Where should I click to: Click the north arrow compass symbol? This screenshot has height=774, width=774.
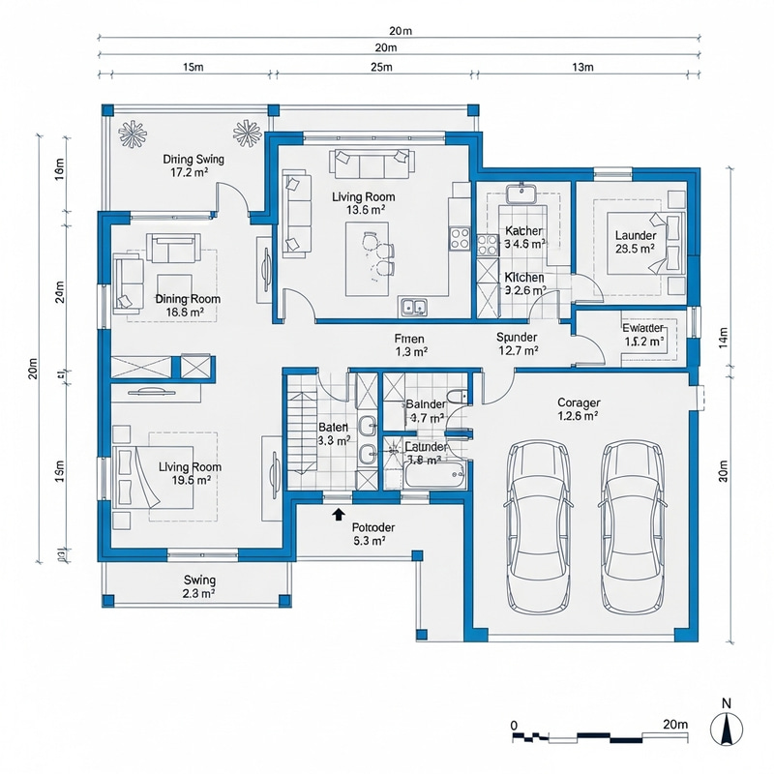click(726, 727)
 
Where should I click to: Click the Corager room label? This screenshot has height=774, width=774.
click(579, 409)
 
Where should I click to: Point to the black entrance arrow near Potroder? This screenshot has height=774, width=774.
click(338, 515)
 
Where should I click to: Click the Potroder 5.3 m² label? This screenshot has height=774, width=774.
click(368, 534)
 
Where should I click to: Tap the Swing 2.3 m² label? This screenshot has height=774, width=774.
click(198, 587)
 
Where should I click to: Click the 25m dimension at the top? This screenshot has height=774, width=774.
click(381, 67)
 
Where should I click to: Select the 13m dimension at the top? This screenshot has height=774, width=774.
click(584, 67)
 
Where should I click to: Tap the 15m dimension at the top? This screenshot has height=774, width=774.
click(192, 67)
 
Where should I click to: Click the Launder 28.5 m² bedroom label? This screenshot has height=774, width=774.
click(635, 242)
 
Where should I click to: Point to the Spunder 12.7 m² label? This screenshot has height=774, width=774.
click(516, 343)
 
